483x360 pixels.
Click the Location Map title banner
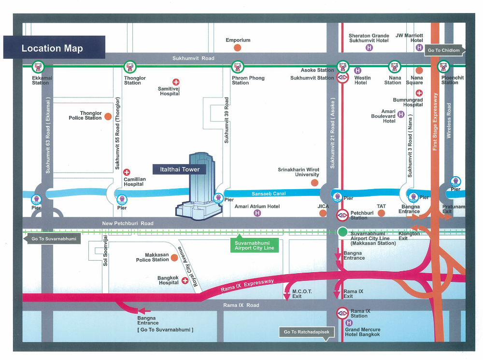coord(54,48)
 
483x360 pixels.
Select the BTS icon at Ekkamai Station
coord(38,67)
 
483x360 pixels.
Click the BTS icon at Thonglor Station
coord(128,67)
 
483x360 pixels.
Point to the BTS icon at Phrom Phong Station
coord(237,67)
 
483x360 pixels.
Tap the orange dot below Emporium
coord(238,47)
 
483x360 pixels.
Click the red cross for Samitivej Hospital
coord(176,82)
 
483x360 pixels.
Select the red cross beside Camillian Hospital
coord(127,172)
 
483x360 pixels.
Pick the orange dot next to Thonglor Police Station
coord(108,116)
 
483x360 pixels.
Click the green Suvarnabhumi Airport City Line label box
coord(254,245)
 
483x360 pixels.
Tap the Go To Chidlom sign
coord(444,50)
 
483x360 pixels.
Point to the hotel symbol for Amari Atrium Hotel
coord(257,213)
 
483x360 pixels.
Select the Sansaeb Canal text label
coord(269,194)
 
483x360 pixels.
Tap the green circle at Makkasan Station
coord(342,232)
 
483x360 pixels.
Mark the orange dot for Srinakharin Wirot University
coord(314,182)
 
